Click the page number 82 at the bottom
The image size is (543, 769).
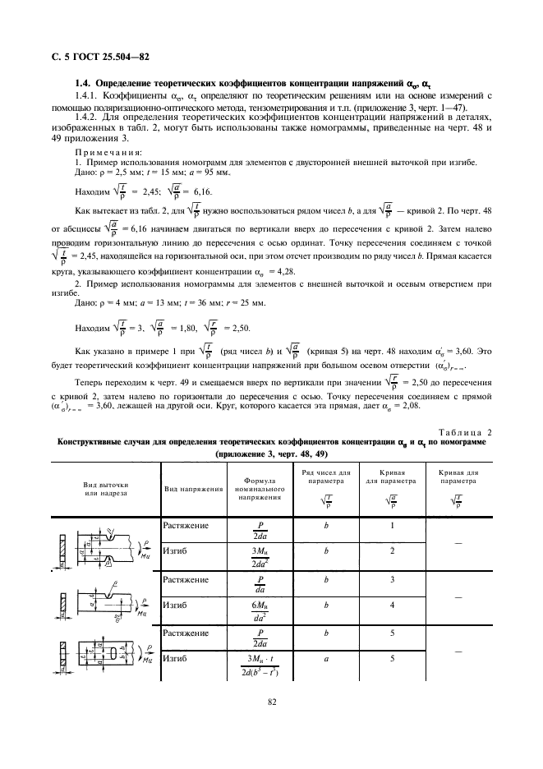pos(271,702)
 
